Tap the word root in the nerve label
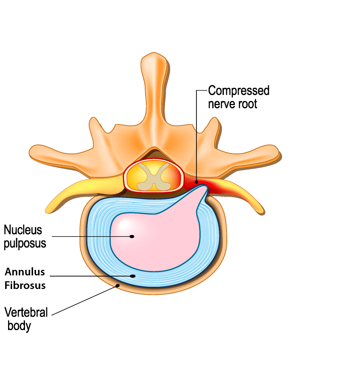[248, 104]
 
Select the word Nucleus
[23, 230]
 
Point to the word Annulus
[25, 272]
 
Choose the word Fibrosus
[25, 285]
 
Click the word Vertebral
[26, 312]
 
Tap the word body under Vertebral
[19, 326]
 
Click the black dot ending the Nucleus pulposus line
[132, 236]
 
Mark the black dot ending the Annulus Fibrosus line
[133, 276]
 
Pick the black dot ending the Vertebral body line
[118, 286]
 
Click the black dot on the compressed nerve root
[197, 182]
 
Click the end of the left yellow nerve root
[47, 211]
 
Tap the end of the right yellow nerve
[262, 212]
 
